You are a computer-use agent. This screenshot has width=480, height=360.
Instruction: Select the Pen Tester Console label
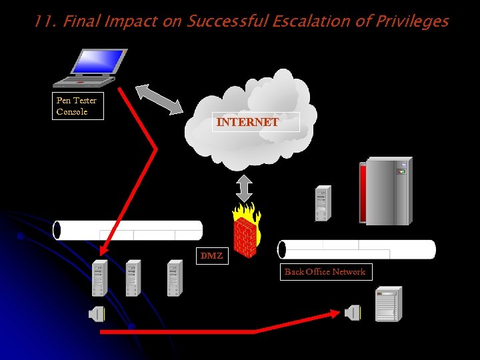point(77,106)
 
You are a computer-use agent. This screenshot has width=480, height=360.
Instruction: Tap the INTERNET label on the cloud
point(247,122)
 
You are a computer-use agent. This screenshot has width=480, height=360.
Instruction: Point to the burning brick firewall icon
point(245,231)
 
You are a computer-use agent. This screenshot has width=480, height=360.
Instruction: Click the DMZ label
point(211,255)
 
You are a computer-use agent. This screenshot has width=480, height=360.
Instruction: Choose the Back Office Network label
point(325,271)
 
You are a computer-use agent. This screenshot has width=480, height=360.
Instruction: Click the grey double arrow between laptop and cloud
point(159,99)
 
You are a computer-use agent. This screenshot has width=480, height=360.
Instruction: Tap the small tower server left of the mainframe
point(323,203)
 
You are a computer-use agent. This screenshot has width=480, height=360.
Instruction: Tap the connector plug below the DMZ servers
point(97,313)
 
